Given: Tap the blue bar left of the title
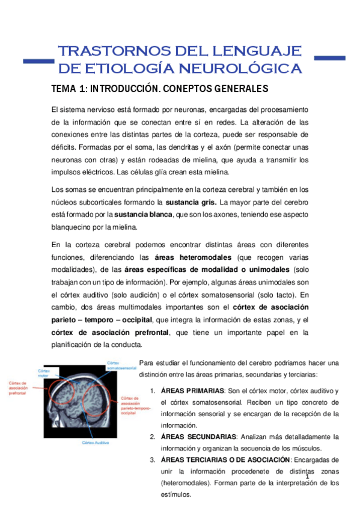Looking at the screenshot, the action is pyautogui.click(x=37, y=60).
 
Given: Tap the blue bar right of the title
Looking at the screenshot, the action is pyautogui.click(x=330, y=58).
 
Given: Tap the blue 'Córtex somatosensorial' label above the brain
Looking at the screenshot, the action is pyautogui.click(x=118, y=365).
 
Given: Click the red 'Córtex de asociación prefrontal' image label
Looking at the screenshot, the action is pyautogui.click(x=19, y=389).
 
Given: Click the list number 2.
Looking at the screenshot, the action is pyautogui.click(x=153, y=437).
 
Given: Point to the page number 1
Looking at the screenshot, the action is pyautogui.click(x=307, y=476).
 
